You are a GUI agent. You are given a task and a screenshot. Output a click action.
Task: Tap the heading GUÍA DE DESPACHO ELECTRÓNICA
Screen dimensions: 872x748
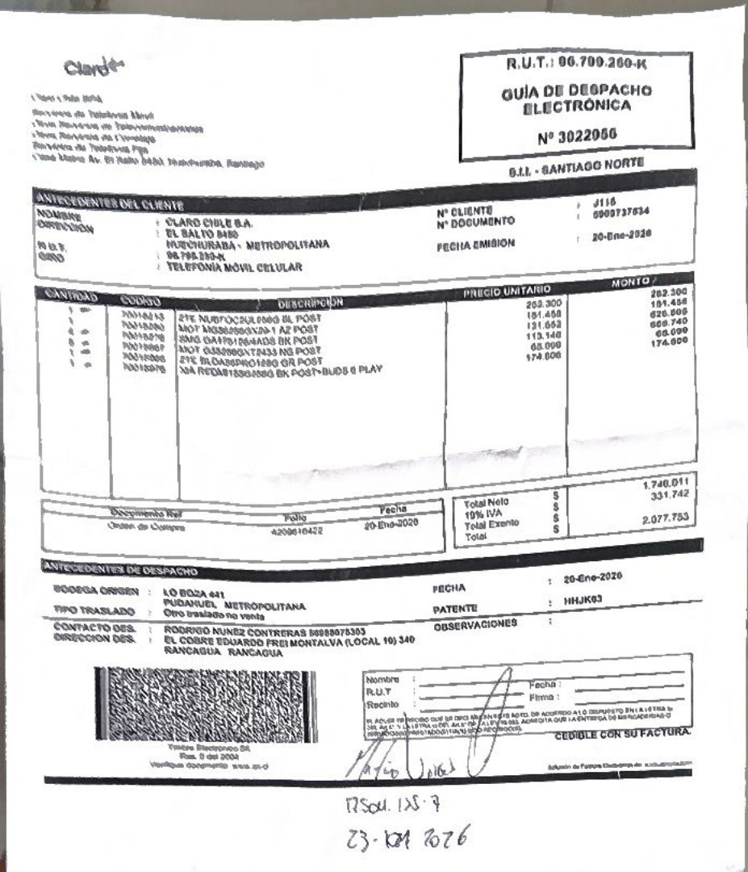[x=575, y=99]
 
